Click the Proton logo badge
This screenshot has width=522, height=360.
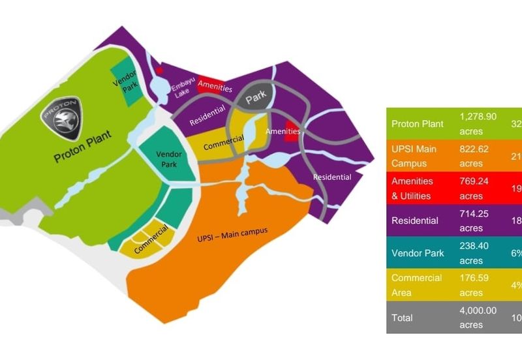pyautogui.click(x=63, y=118)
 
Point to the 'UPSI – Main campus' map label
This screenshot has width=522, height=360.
pyautogui.click(x=232, y=232)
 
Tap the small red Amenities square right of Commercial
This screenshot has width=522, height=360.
pyautogui.click(x=293, y=132)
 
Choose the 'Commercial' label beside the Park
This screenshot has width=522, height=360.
pyautogui.click(x=223, y=143)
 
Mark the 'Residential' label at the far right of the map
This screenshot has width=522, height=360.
pyautogui.click(x=331, y=177)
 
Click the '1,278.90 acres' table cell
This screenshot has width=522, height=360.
pyautogui.click(x=478, y=124)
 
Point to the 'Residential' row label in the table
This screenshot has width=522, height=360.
pyautogui.click(x=415, y=220)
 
